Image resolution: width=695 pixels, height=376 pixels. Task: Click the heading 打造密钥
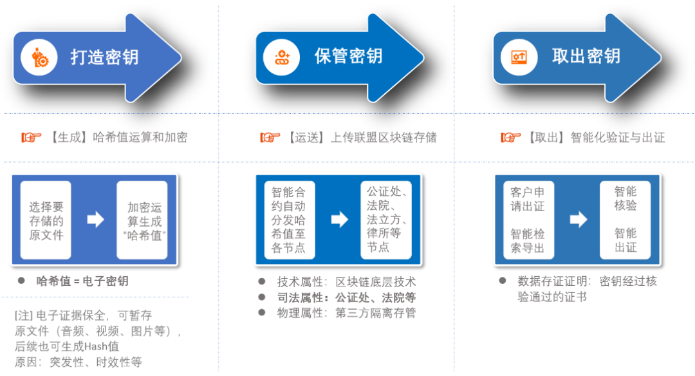click(104, 57)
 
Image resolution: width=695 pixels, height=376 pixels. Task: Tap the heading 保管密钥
click(348, 56)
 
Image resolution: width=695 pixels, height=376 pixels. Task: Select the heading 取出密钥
click(586, 56)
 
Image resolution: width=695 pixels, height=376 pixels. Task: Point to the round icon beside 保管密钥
click(283, 57)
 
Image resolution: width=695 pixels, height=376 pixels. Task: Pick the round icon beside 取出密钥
click(520, 57)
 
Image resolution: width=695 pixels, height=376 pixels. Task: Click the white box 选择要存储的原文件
click(46, 220)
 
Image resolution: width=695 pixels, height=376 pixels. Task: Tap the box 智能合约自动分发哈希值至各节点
click(289, 220)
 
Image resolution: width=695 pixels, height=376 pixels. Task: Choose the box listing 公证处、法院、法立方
click(385, 220)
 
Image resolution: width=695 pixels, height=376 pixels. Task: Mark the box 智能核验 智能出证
click(625, 220)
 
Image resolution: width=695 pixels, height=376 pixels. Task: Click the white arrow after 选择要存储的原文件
click(95, 220)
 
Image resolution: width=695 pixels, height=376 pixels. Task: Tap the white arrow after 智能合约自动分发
click(339, 220)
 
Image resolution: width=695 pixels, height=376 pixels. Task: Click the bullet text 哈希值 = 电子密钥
click(82, 281)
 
